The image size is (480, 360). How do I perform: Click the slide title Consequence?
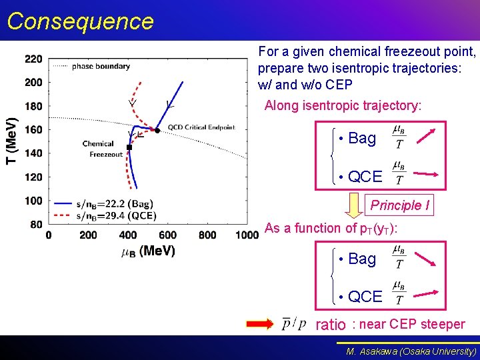[80, 21]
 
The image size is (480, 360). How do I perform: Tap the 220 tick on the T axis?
[33, 59]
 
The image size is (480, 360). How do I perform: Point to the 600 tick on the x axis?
[167, 235]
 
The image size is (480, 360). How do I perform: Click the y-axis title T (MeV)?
[11, 141]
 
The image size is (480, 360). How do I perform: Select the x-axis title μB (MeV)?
[148, 251]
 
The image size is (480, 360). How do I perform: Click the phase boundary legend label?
[101, 66]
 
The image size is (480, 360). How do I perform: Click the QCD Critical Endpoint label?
[201, 127]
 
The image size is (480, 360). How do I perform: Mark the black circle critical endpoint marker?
[157, 130]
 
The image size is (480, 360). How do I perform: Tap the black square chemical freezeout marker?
[129, 147]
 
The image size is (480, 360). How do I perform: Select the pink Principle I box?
[400, 205]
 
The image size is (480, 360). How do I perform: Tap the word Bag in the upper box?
[362, 138]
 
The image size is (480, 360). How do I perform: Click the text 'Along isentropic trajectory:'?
[343, 105]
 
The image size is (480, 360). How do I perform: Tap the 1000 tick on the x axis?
[247, 235]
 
